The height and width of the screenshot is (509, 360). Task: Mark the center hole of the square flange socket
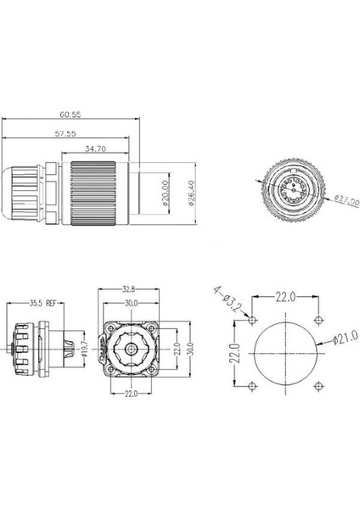click(132, 349)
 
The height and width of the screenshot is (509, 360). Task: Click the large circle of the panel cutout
click(285, 352)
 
